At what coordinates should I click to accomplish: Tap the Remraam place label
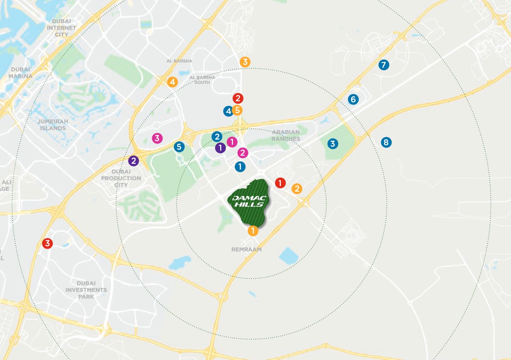point(247,250)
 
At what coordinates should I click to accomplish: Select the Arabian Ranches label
point(286,135)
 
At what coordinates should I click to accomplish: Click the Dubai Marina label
point(20,72)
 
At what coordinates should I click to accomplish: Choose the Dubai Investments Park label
point(86,290)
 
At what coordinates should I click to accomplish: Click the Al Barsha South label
point(202,80)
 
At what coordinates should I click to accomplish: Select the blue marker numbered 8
point(386,142)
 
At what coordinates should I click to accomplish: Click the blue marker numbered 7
point(383,65)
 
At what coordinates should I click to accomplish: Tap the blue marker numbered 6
point(353,99)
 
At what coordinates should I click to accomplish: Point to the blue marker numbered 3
point(332,144)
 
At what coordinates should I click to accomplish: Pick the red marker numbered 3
point(47,243)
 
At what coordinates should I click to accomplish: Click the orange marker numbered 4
point(172,82)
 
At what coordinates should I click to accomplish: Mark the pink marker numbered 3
point(157,138)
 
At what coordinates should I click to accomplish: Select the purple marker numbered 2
point(133,161)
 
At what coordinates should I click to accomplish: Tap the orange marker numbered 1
point(253,231)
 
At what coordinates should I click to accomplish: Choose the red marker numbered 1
point(280,183)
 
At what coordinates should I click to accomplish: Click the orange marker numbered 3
point(245,62)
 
